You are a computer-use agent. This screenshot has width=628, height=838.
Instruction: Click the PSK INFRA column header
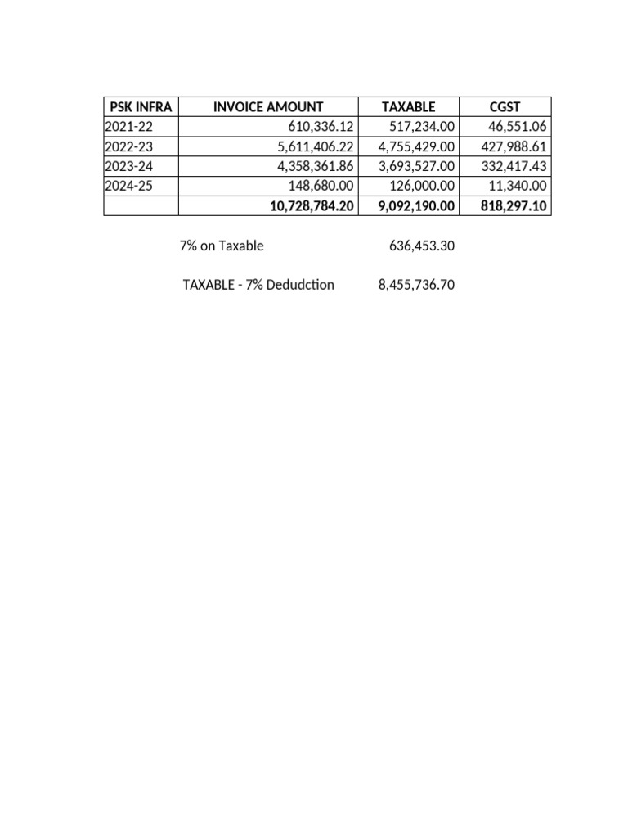(x=141, y=107)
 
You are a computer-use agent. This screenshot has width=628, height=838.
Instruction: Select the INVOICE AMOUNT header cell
(x=267, y=107)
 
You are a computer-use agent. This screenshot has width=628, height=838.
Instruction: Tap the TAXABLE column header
(x=408, y=107)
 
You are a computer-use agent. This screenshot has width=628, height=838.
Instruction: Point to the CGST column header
(x=505, y=107)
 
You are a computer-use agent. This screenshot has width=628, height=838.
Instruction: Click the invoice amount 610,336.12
(x=321, y=127)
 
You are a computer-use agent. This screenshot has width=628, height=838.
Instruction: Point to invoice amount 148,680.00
(x=321, y=186)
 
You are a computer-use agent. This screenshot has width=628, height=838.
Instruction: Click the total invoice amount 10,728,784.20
(x=312, y=206)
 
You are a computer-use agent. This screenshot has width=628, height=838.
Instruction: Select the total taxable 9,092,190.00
(x=415, y=206)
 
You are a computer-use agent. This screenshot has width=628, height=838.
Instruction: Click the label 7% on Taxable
(x=221, y=246)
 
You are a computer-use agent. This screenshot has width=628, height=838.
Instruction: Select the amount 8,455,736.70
(x=415, y=286)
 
